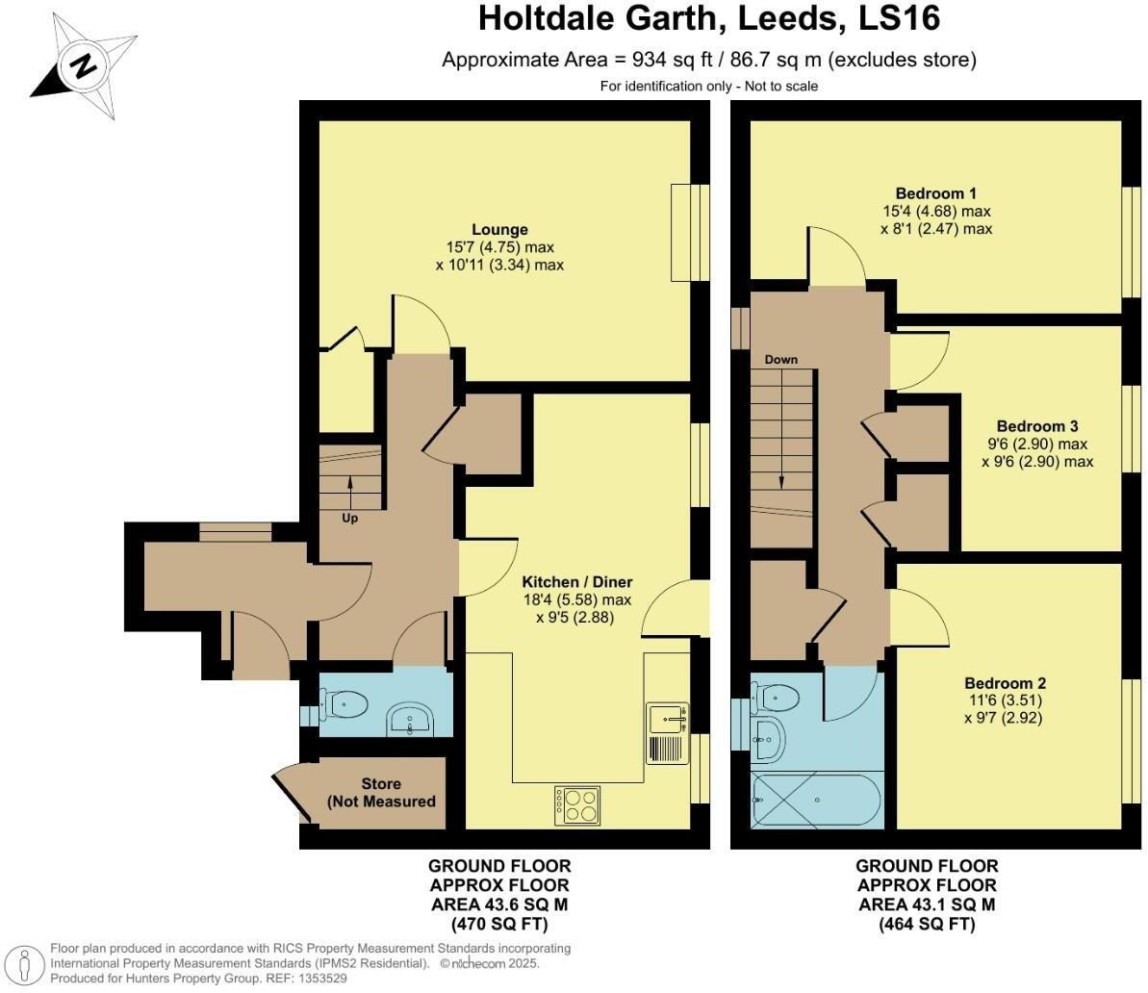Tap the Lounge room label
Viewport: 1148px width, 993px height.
(x=499, y=230)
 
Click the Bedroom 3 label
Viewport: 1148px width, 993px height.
(x=1036, y=426)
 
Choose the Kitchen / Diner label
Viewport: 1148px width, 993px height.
(x=576, y=582)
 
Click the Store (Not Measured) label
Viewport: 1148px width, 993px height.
(x=381, y=792)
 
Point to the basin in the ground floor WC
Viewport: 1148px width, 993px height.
(x=414, y=719)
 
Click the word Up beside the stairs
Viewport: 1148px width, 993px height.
(x=350, y=519)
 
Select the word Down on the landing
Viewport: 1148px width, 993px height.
(x=780, y=360)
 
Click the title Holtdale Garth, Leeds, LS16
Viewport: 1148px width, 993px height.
(x=708, y=18)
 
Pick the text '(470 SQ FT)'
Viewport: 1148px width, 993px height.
(x=499, y=925)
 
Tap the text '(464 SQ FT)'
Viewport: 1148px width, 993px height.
(x=927, y=925)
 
